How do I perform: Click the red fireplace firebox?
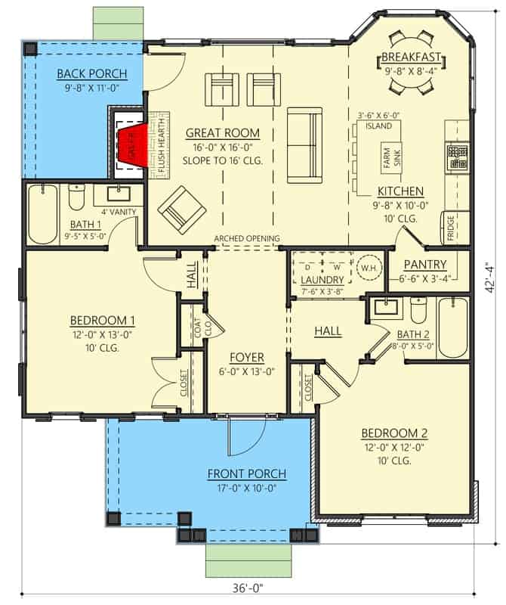click(x=134, y=145)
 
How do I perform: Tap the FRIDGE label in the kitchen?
click(x=451, y=228)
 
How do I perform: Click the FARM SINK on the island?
click(x=392, y=158)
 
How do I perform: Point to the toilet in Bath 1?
click(x=76, y=197)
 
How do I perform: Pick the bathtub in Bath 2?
click(x=453, y=327)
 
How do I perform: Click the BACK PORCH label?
click(x=91, y=73)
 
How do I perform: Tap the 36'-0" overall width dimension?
click(x=248, y=588)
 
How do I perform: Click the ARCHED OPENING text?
click(x=247, y=238)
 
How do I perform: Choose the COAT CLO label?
click(x=202, y=328)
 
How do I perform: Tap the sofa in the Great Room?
click(x=304, y=145)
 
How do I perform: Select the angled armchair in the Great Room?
click(x=182, y=210)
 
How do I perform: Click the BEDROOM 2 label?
click(x=394, y=433)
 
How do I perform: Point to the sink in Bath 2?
click(x=386, y=307)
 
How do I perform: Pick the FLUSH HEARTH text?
click(x=161, y=145)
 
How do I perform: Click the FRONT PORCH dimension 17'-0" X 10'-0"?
click(x=247, y=488)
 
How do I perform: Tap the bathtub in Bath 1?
click(x=43, y=214)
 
